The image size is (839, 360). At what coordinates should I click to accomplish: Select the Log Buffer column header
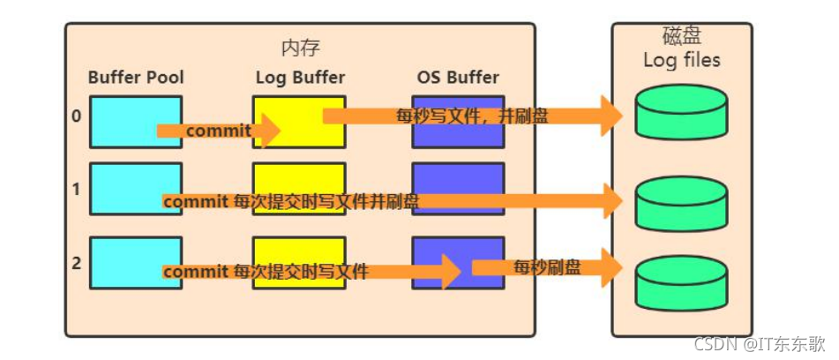click(x=300, y=77)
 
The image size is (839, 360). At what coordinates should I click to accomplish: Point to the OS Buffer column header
click(x=458, y=77)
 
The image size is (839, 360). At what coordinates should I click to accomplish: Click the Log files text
click(x=681, y=60)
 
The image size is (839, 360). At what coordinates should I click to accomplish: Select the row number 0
click(x=77, y=115)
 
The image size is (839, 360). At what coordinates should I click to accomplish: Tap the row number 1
click(x=77, y=188)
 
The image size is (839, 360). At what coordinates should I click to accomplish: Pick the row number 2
click(x=77, y=262)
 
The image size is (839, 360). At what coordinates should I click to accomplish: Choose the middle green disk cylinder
click(x=681, y=202)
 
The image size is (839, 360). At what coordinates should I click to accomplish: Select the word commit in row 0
click(x=218, y=131)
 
